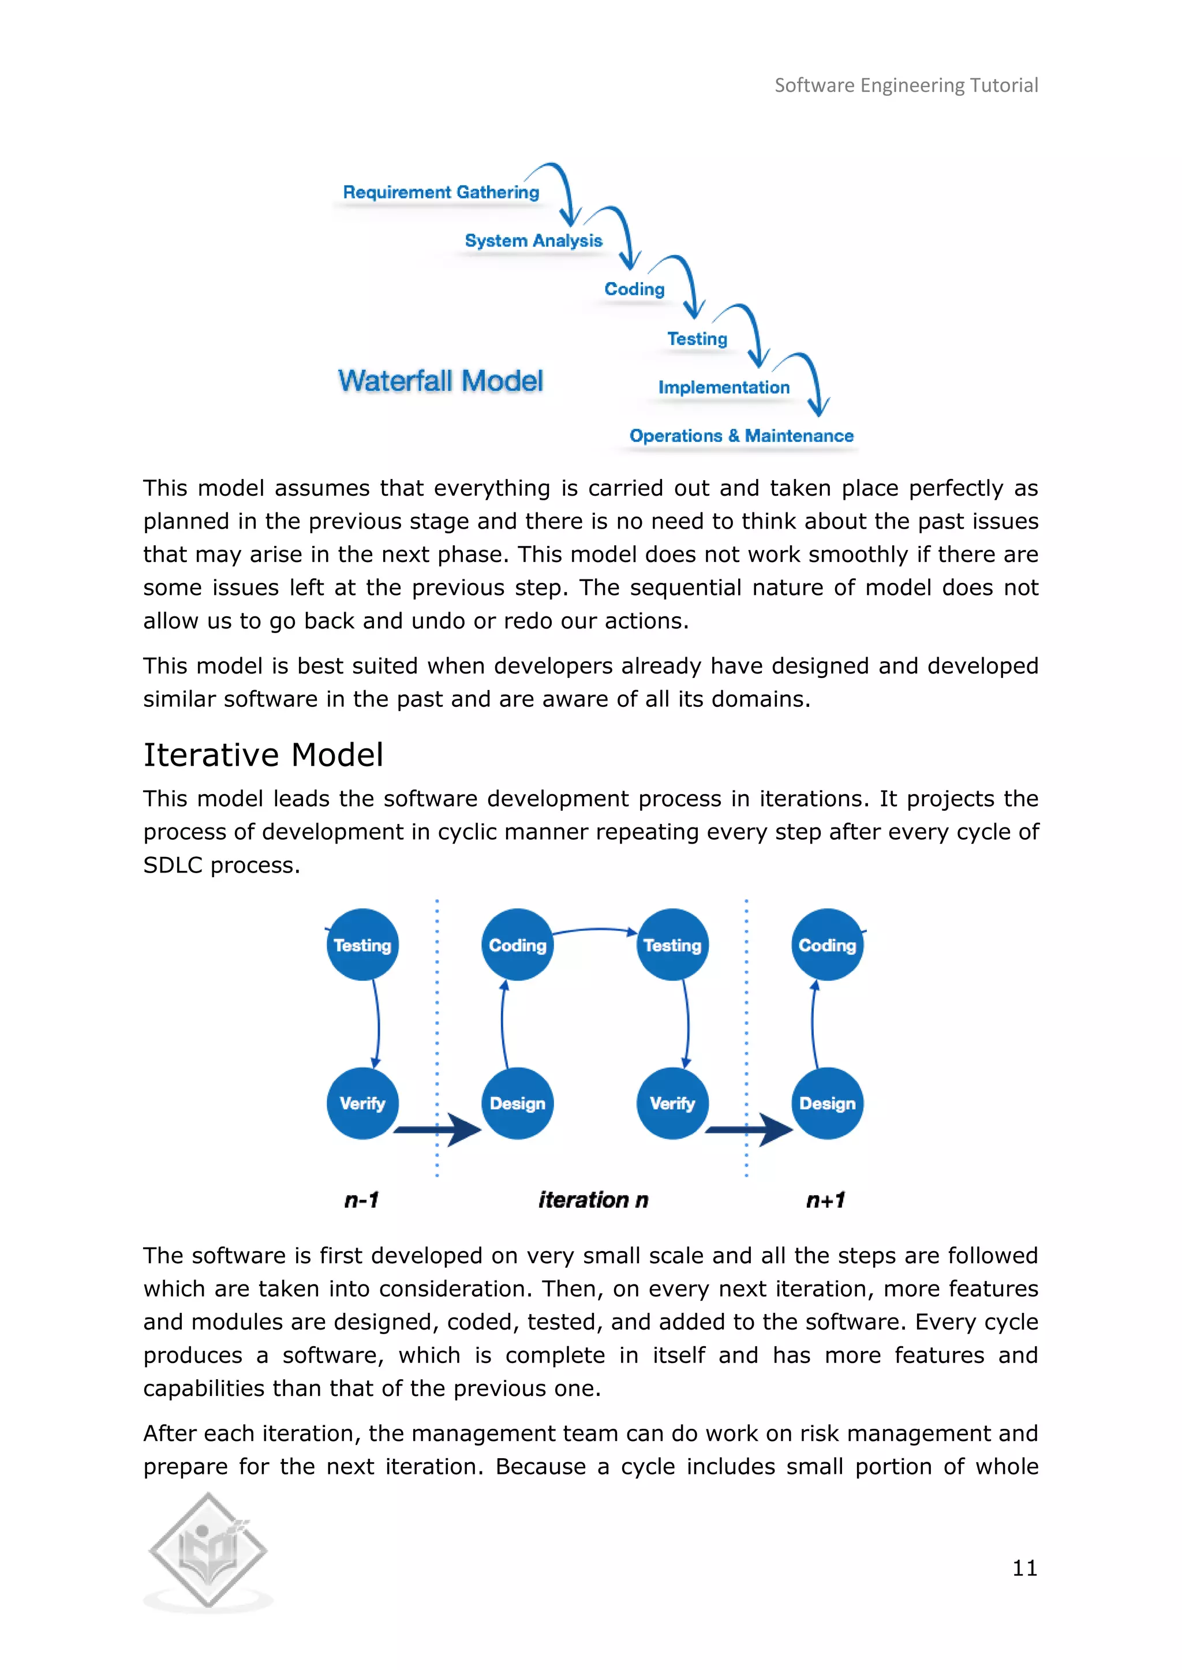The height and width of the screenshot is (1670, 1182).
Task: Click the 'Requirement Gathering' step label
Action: pyautogui.click(x=441, y=192)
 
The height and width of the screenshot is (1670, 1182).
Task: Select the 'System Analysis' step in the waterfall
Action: pyautogui.click(x=533, y=241)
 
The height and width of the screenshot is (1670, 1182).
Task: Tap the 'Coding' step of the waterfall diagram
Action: pyautogui.click(x=634, y=289)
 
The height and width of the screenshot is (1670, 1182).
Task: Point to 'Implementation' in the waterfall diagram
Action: pyautogui.click(x=724, y=387)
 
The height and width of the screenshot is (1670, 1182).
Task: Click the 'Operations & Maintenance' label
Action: pyautogui.click(x=741, y=436)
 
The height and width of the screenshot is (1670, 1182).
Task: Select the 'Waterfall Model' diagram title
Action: pyautogui.click(x=440, y=381)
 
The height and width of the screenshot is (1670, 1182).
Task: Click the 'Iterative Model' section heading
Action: pyautogui.click(x=263, y=755)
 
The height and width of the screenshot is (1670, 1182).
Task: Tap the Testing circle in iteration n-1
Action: pyautogui.click(x=362, y=945)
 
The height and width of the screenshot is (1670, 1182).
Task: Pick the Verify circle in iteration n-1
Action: pyautogui.click(x=362, y=1103)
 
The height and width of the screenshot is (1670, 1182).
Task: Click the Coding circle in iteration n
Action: pyautogui.click(x=518, y=945)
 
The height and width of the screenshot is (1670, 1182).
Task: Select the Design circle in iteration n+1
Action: pyautogui.click(x=828, y=1103)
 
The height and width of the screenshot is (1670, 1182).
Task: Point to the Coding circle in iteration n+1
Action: pyautogui.click(x=828, y=945)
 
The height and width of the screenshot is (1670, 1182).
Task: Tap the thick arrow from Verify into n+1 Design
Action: pyautogui.click(x=750, y=1129)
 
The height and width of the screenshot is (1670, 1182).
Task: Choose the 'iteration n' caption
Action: pyautogui.click(x=593, y=1200)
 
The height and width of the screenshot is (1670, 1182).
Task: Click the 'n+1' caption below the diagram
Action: pyautogui.click(x=825, y=1200)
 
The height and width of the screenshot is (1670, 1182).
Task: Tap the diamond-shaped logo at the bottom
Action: pyautogui.click(x=209, y=1550)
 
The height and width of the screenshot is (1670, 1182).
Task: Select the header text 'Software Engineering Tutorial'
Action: pyautogui.click(x=906, y=86)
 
